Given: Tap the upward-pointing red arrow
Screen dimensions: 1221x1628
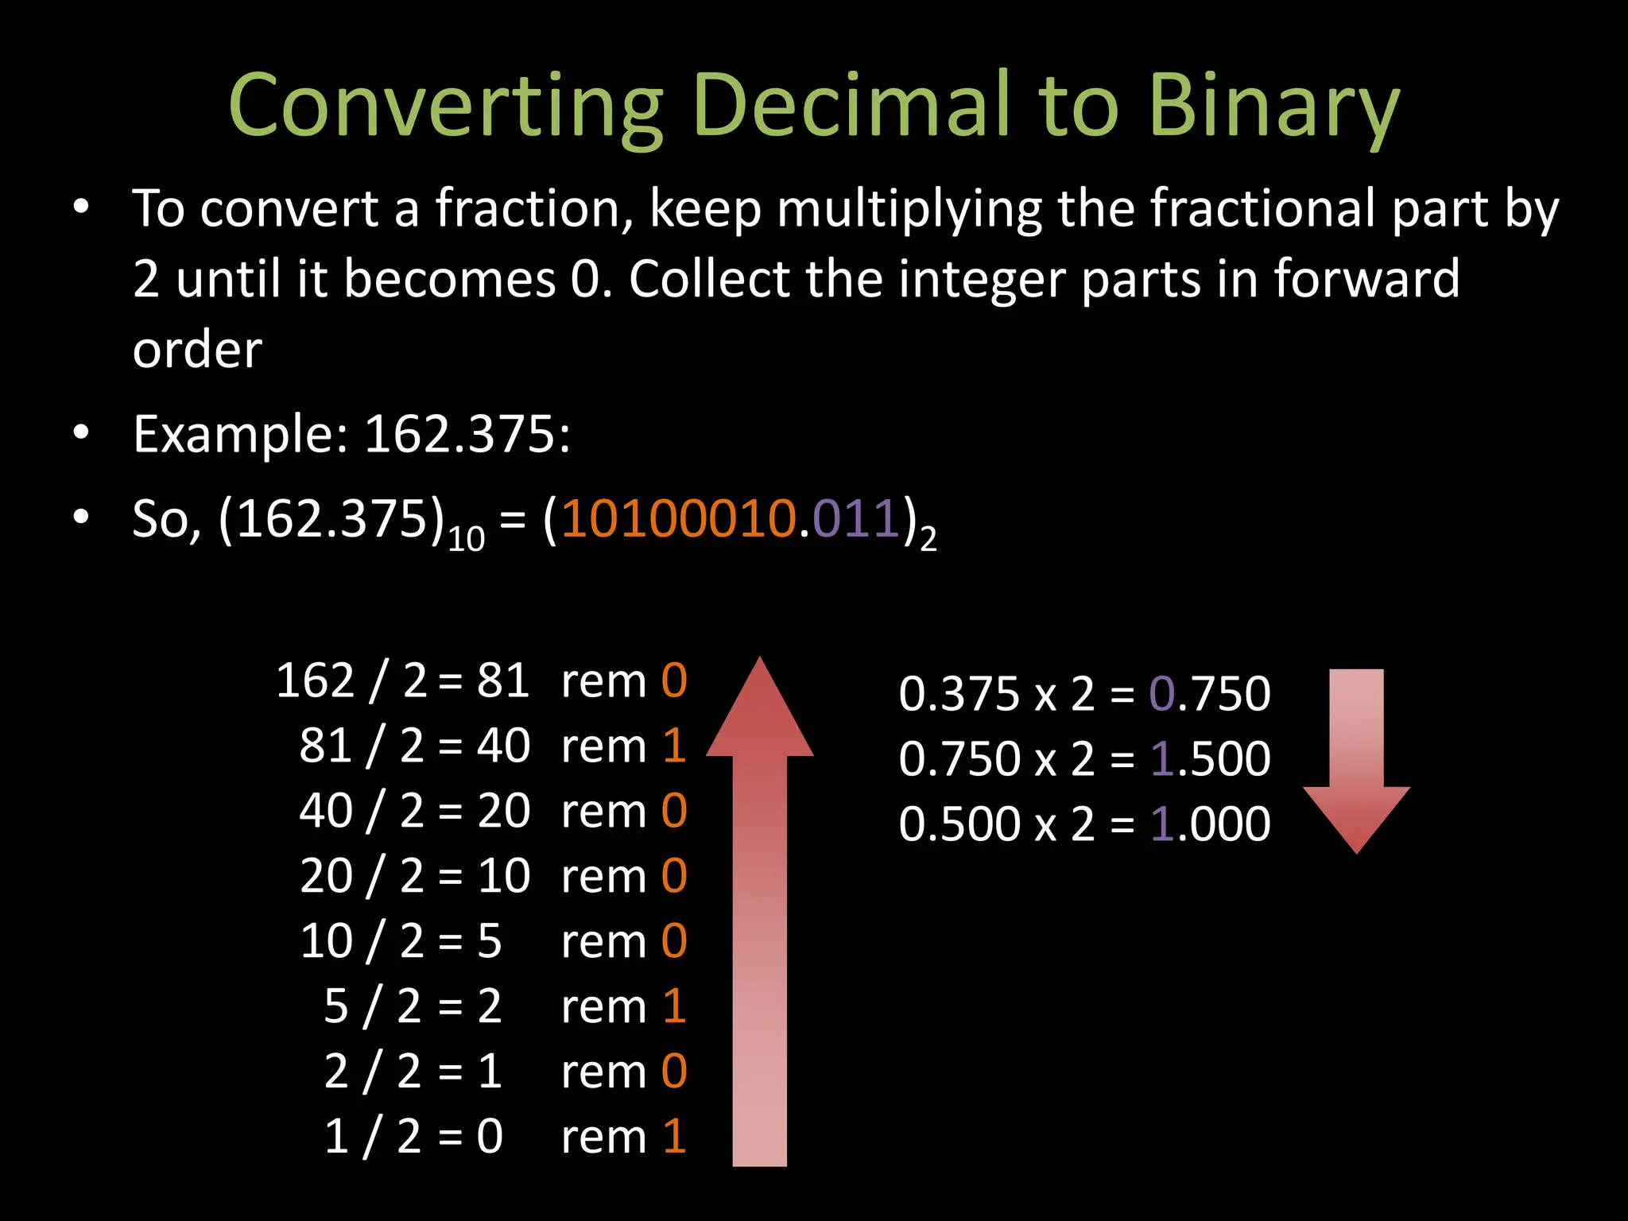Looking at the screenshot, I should (x=759, y=914).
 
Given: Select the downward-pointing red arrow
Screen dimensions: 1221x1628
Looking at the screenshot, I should (x=1356, y=763).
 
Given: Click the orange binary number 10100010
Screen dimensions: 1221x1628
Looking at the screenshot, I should (x=679, y=519).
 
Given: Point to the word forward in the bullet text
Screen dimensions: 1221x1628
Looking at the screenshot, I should (x=1366, y=279).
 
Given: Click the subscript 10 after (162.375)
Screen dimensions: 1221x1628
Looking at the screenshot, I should (x=466, y=541).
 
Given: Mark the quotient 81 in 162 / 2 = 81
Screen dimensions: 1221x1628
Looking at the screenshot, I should (x=502, y=681).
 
